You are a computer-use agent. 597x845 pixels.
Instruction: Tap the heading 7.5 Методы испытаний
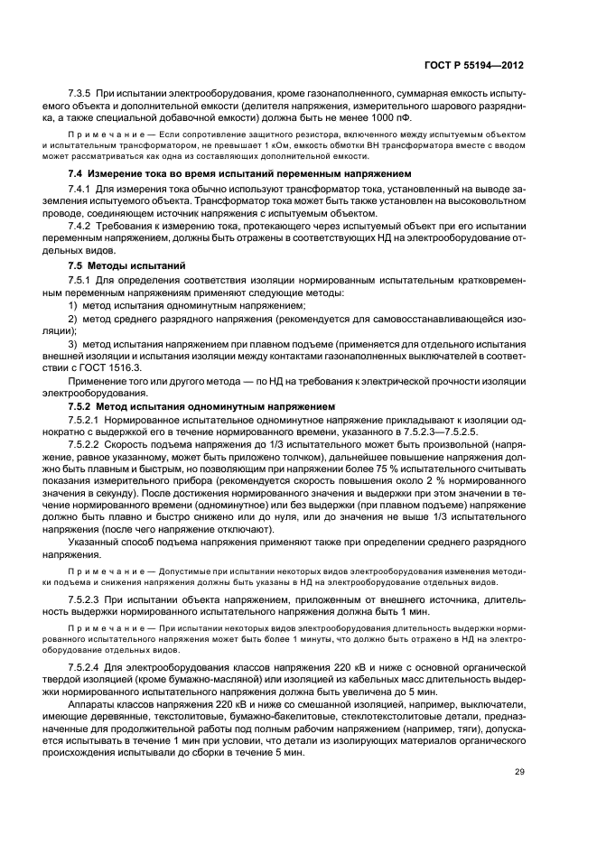coord(127,268)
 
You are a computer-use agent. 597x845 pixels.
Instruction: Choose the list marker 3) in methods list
coord(74,345)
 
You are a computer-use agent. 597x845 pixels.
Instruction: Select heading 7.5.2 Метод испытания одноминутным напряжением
coord(202,407)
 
